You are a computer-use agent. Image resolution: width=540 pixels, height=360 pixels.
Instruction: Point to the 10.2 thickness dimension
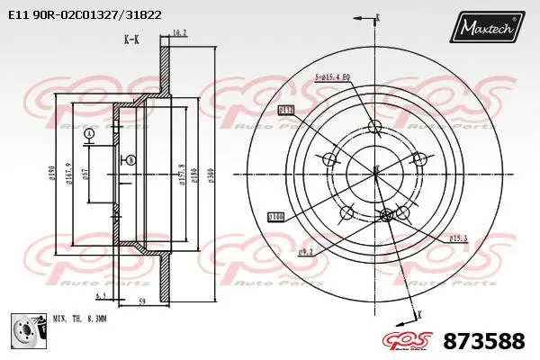click(x=178, y=33)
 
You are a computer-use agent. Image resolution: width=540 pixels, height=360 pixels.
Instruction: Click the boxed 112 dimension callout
click(x=287, y=110)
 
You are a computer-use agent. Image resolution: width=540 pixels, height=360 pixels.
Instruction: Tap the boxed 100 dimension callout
click(x=276, y=216)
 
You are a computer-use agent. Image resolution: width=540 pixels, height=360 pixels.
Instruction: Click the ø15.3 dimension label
click(x=458, y=238)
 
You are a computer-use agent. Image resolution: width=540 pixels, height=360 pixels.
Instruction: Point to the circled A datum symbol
click(x=88, y=134)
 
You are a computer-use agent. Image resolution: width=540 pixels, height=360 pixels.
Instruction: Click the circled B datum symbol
click(x=132, y=159)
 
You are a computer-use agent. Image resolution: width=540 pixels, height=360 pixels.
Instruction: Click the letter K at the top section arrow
click(x=377, y=17)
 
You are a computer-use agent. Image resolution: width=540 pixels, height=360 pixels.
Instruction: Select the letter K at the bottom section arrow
click(x=419, y=314)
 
